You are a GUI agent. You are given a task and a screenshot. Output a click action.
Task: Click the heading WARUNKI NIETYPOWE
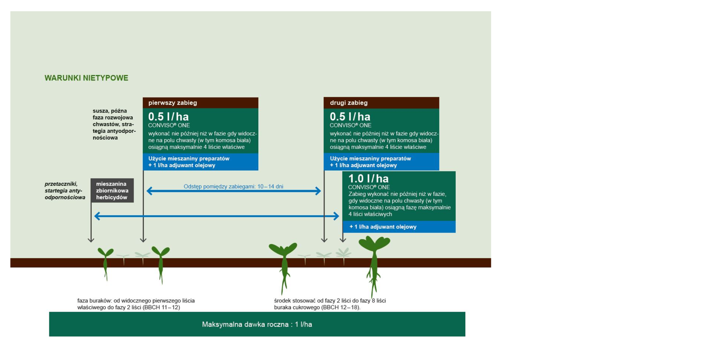coord(86,78)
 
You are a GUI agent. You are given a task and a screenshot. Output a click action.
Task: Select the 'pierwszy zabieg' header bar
coord(201,103)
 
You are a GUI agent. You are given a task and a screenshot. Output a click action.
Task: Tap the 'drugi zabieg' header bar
coord(381,103)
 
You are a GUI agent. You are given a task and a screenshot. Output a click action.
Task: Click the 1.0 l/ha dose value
coord(368,178)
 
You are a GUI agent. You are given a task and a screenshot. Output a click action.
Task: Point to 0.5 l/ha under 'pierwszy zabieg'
coord(168,116)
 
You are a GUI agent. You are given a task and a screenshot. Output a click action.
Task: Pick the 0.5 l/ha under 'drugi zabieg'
coord(350,116)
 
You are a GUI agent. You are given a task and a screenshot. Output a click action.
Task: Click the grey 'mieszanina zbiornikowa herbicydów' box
coord(112,190)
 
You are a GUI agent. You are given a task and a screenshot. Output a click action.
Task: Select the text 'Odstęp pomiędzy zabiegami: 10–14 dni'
coord(233,186)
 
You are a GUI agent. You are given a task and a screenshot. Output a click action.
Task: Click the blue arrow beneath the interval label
coord(234,191)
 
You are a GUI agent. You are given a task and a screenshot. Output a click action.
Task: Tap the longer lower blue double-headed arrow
coord(217,216)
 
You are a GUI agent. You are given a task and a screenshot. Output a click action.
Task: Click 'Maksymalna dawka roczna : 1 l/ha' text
coord(257,324)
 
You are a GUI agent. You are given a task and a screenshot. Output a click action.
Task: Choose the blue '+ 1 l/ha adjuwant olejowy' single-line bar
coord(399,227)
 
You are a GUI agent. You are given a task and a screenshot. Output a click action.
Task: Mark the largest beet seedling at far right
coord(374,264)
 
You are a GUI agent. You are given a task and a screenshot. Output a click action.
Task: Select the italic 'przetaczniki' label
coord(61,184)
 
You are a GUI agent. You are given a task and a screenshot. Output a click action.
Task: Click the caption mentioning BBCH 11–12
coord(136,304)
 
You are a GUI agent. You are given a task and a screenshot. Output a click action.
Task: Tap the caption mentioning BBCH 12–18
coord(330,304)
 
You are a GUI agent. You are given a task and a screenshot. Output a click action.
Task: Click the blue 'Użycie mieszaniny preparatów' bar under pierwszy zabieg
coord(201,162)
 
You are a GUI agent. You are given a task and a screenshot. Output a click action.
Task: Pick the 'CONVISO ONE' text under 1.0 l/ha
coord(369,187)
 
